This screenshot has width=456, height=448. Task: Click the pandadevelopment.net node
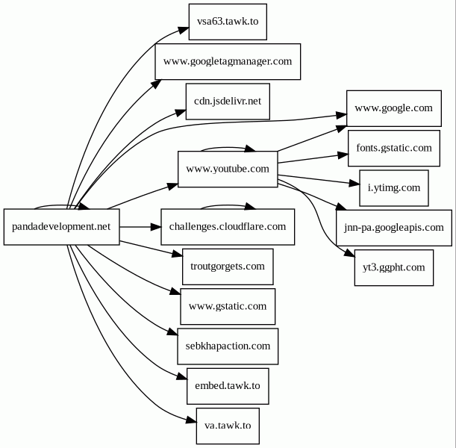[x=62, y=226]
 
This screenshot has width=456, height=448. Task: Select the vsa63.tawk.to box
[x=228, y=22]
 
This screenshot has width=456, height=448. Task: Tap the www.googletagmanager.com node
[x=228, y=61]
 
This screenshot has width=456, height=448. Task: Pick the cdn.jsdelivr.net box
[x=228, y=101]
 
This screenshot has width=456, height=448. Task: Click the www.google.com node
[x=393, y=108]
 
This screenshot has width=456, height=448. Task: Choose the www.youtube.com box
[x=228, y=169]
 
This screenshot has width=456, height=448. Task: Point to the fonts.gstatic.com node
[x=393, y=148]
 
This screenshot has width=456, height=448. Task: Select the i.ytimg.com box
[x=393, y=187]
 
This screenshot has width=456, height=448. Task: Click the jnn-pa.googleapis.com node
[x=393, y=227]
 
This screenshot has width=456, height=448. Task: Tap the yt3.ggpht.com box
[x=393, y=267]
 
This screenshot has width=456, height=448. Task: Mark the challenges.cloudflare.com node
[x=228, y=226]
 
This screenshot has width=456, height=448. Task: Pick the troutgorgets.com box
[x=228, y=266]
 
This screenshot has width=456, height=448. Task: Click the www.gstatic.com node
[x=228, y=306]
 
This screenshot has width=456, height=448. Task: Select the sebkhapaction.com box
[x=228, y=346]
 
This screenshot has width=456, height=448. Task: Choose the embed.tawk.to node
[x=228, y=386]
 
